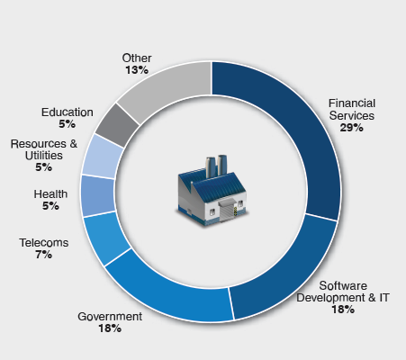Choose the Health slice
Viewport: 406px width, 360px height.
98,195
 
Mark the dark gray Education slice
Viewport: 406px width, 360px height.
118,125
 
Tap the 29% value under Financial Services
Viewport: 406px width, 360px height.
352,128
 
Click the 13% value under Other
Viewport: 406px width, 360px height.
137,70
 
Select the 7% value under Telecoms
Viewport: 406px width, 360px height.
44,255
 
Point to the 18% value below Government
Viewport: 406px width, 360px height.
110,328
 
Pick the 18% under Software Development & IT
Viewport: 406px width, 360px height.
343,310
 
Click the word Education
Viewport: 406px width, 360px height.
68,112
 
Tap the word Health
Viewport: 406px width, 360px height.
50,194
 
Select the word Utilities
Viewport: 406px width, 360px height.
44,156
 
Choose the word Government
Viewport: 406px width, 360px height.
110,317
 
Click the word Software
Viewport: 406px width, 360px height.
343,285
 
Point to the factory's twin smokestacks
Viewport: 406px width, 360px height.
216,166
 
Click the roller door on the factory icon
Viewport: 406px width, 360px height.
226,211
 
